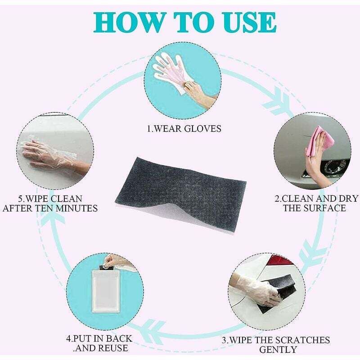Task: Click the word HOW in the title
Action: pyautogui.click(x=128, y=22)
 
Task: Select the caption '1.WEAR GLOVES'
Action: pyautogui.click(x=184, y=129)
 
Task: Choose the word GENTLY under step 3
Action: pyautogui.click(x=278, y=350)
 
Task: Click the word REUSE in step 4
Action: pyautogui.click(x=113, y=348)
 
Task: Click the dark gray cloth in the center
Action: pyautogui.click(x=181, y=193)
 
